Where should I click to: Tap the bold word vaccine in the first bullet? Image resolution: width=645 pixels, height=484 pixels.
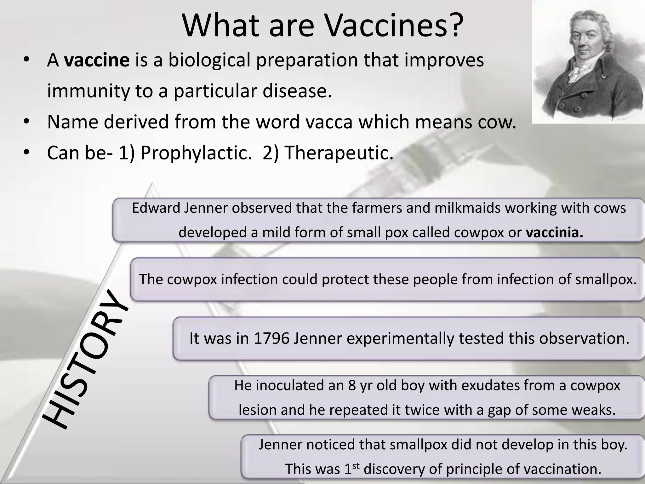(x=97, y=60)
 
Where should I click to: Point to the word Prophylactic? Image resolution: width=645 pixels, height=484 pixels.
(x=194, y=153)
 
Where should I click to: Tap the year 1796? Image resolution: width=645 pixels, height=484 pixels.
(x=271, y=338)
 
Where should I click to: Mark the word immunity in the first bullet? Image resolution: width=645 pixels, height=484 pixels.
(x=88, y=91)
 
